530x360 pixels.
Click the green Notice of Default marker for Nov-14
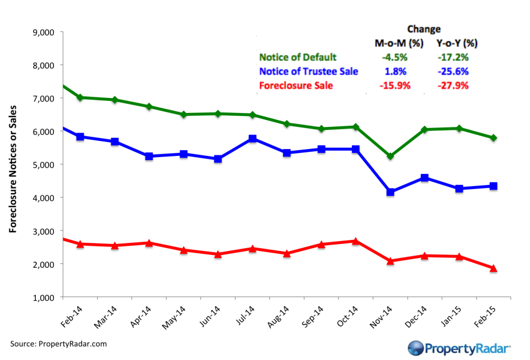click(x=390, y=156)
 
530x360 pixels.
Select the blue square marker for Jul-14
click(x=253, y=139)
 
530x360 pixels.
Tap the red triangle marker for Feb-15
click(x=493, y=268)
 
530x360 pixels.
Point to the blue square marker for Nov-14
click(x=390, y=192)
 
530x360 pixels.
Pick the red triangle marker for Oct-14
click(x=356, y=241)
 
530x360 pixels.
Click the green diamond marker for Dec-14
click(x=424, y=129)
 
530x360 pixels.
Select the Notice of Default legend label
click(x=298, y=57)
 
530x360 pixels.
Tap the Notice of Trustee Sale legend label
click(x=309, y=71)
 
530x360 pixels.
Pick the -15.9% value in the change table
click(x=395, y=85)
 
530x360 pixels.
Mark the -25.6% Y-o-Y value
click(x=454, y=71)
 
